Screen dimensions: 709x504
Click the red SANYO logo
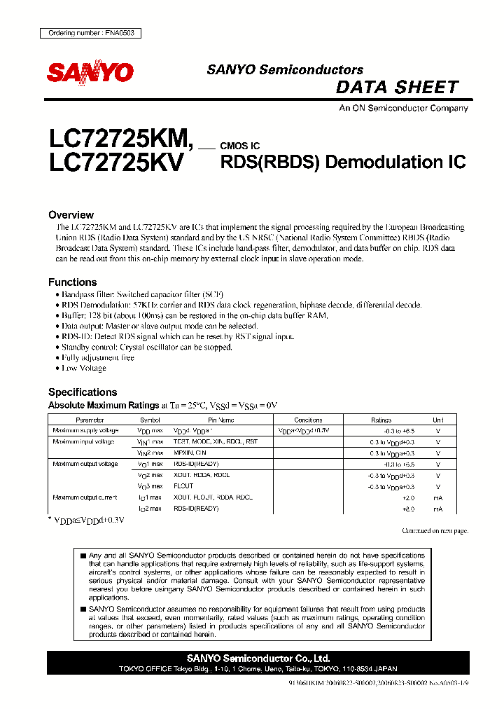(90, 71)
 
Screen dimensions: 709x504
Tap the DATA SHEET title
(397, 88)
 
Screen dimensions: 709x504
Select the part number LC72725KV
(116, 163)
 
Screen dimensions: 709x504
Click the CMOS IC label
(240, 146)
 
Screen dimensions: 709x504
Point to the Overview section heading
(71, 215)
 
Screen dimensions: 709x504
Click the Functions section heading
(72, 282)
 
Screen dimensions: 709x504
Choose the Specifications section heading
(83, 392)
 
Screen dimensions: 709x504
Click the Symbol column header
(150, 420)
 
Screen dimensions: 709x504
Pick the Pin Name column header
(221, 420)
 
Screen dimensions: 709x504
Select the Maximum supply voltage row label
(85, 431)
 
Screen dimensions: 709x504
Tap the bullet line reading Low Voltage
(84, 368)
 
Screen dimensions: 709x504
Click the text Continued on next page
(434, 531)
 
